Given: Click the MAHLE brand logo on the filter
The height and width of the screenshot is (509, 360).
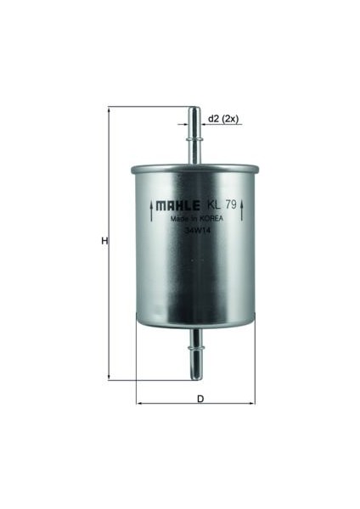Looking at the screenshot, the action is pos(178,205).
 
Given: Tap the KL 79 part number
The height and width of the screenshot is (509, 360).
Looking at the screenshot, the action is pos(222,204).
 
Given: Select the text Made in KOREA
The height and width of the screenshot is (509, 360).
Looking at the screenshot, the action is pos(197,219).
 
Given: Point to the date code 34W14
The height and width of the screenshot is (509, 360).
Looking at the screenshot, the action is pos(195,231).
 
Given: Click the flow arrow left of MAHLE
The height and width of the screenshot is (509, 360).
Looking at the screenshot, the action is pos(151,211).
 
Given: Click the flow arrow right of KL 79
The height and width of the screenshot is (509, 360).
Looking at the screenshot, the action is pos(242,210).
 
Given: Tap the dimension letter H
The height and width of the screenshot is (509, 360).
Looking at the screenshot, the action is pos(104,241).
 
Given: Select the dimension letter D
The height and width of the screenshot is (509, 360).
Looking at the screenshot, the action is pos(200,399).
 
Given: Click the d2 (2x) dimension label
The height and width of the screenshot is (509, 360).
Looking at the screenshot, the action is pos(223,119).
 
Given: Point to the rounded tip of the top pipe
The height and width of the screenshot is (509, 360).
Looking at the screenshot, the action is pos(194,108).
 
